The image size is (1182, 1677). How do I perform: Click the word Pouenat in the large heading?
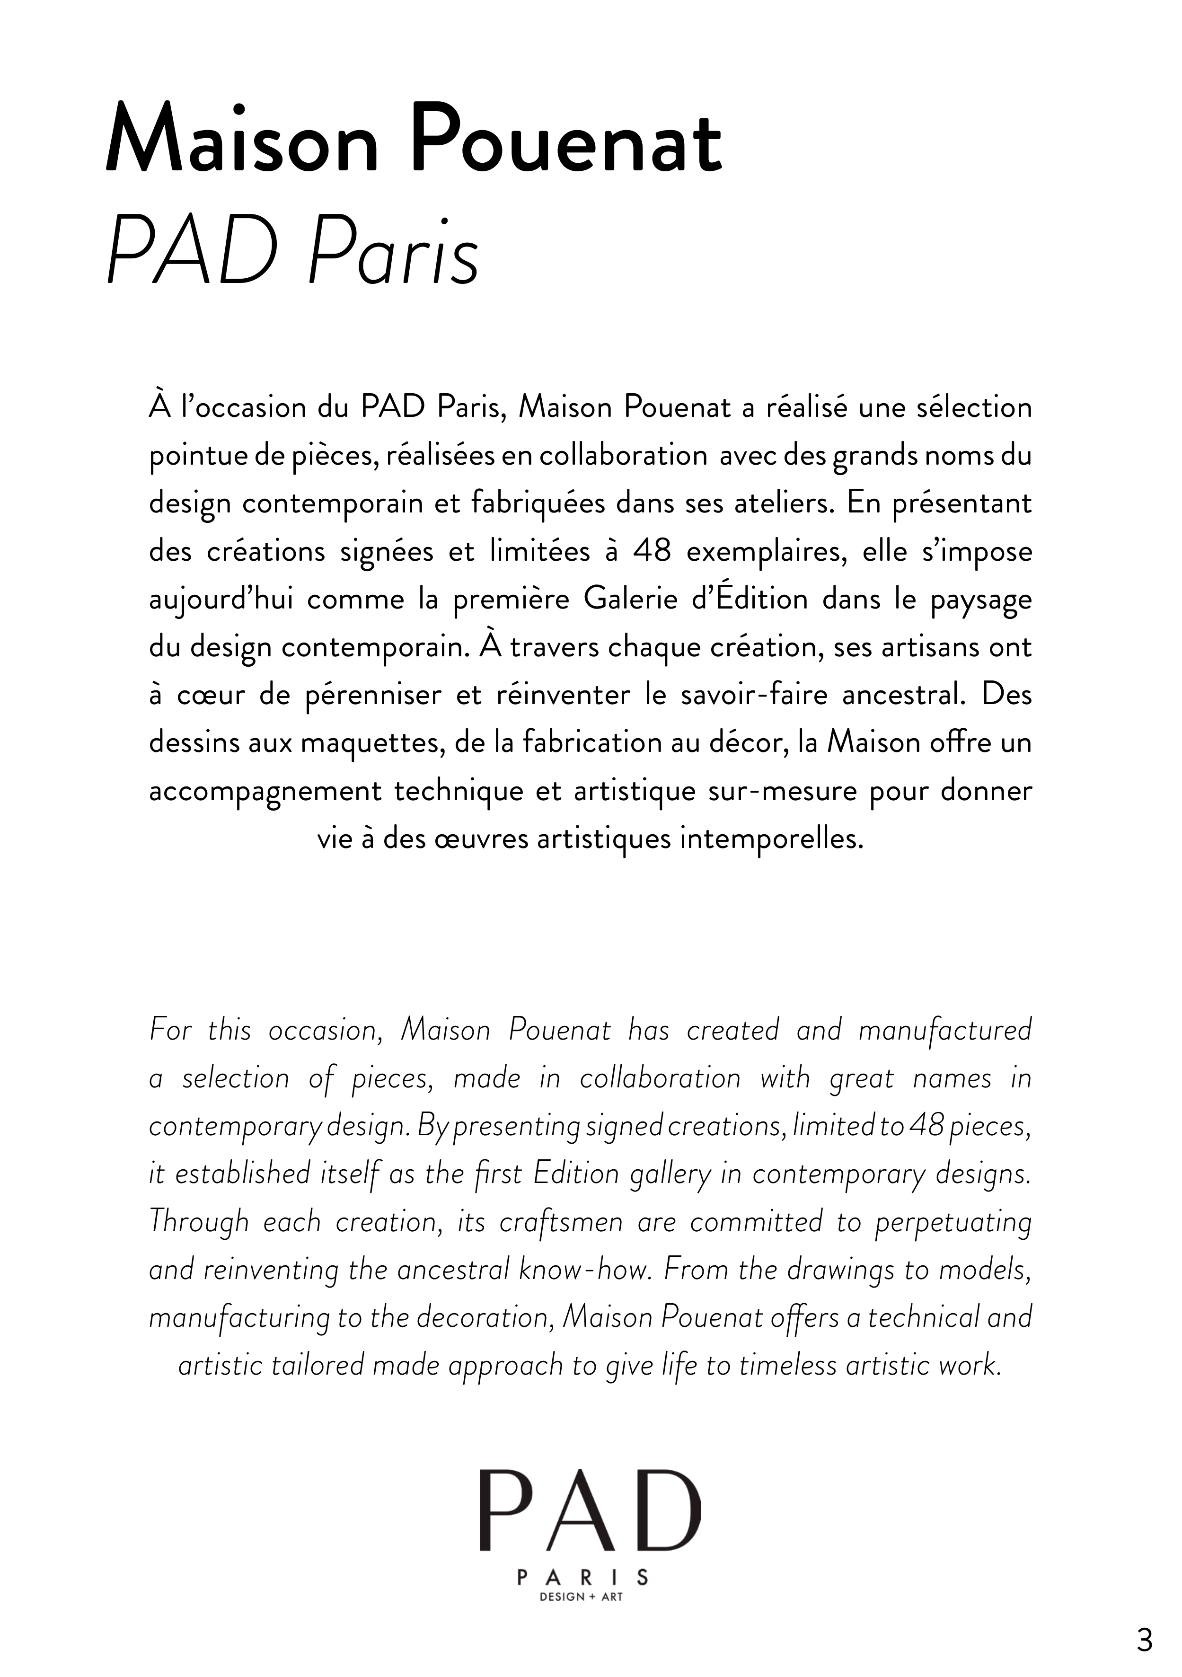(566, 143)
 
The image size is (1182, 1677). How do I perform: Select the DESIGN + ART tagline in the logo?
(581, 1597)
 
